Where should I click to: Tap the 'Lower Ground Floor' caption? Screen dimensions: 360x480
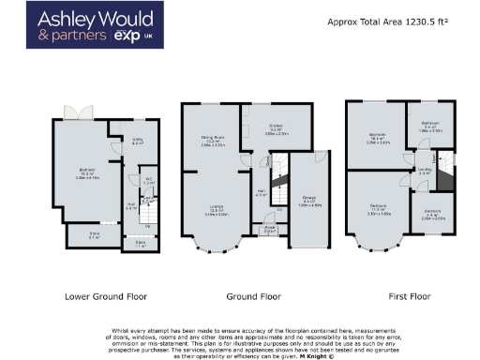[x=105, y=296]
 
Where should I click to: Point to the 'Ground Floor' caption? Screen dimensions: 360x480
[x=254, y=296]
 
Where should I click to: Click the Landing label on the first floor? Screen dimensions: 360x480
[x=423, y=172]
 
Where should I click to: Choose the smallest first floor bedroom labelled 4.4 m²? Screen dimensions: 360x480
[x=431, y=212]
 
